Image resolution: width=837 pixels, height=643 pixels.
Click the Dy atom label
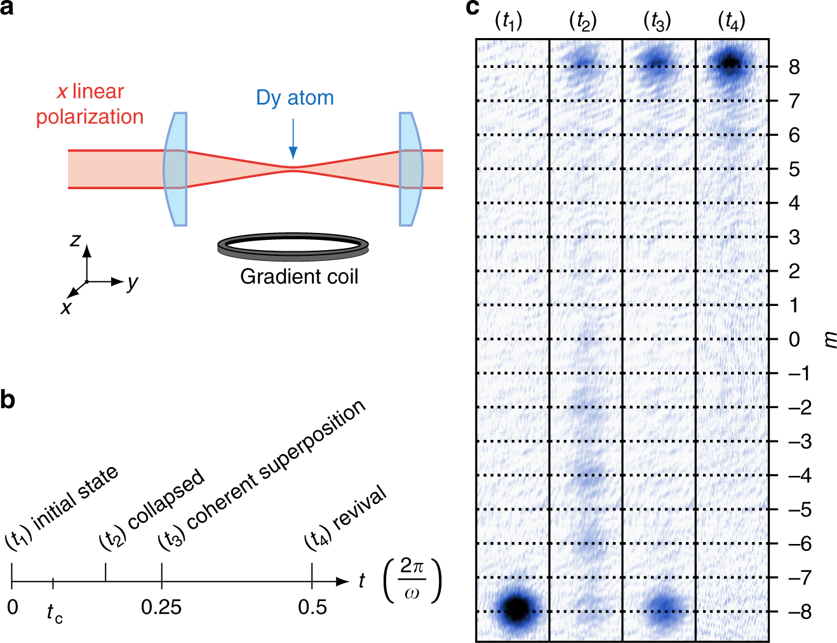point(295,98)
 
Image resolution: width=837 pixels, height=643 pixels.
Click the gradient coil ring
point(293,247)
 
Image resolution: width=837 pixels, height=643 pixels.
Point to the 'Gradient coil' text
point(298,277)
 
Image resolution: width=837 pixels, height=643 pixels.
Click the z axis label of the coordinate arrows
point(76,240)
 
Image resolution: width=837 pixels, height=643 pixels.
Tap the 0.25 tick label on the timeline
point(161,607)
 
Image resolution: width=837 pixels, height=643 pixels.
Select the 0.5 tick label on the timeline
point(312,607)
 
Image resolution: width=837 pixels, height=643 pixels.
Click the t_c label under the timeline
point(55,613)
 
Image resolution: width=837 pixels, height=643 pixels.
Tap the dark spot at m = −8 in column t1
point(517,608)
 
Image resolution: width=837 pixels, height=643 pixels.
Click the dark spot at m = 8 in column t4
point(731,62)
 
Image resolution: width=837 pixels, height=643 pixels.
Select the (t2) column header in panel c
point(582,22)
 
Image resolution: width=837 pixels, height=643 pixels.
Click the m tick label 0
point(794,340)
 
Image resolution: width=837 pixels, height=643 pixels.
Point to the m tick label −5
point(800,509)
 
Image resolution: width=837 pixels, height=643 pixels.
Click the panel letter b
point(8,401)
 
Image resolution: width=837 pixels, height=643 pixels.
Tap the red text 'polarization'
point(90,117)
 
